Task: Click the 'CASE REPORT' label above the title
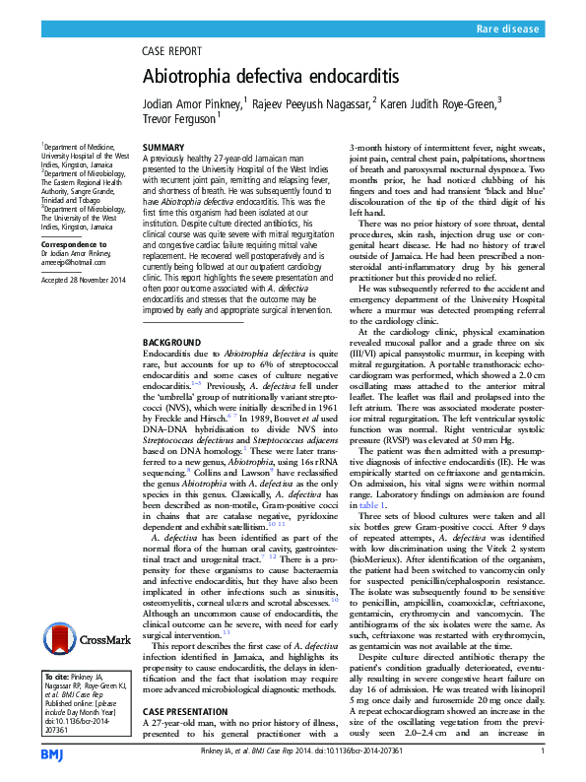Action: click(x=178, y=50)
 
